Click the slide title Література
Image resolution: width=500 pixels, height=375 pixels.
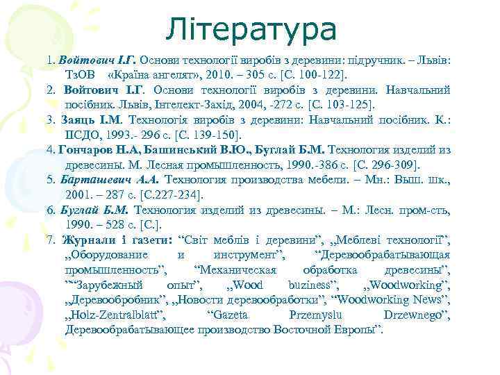[251, 29]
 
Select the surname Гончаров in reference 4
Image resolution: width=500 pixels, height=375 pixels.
[89, 151]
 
